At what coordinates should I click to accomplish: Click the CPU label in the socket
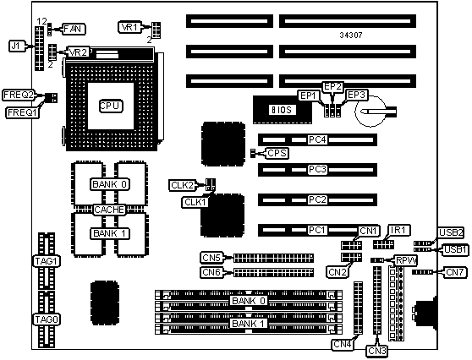click(x=111, y=106)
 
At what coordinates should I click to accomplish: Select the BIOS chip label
click(x=282, y=110)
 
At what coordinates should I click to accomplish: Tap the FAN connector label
click(x=74, y=29)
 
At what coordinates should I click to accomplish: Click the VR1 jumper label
click(x=130, y=27)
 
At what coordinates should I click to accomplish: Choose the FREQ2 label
click(x=19, y=95)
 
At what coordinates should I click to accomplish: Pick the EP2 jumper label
click(x=332, y=86)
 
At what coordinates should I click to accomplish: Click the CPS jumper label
click(x=277, y=154)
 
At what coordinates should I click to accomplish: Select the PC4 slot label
click(x=317, y=139)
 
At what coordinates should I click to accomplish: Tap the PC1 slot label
click(x=317, y=230)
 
